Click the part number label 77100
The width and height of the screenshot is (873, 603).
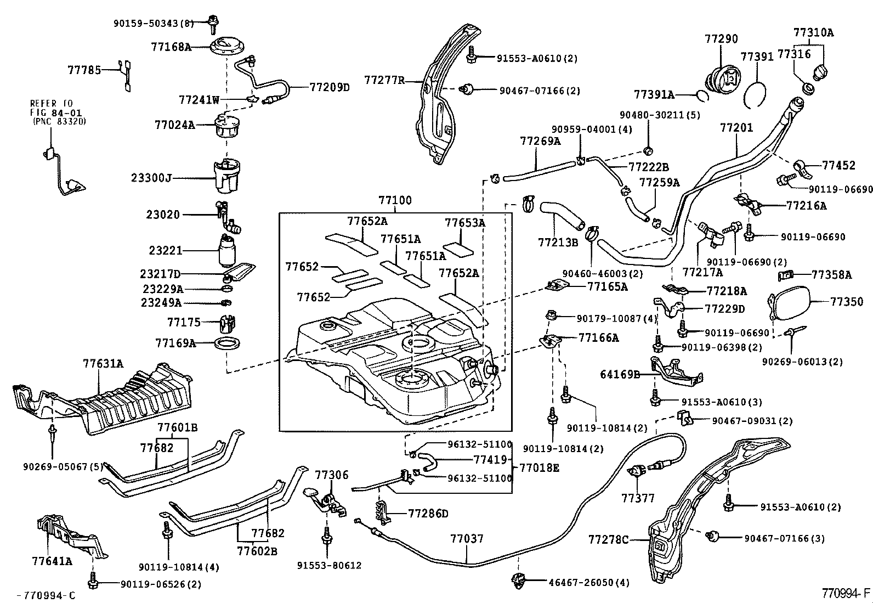394,201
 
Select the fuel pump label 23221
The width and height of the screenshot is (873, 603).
165,250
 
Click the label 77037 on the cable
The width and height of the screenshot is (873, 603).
467,539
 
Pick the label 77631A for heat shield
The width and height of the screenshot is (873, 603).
103,363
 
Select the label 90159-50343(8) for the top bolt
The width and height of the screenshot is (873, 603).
154,24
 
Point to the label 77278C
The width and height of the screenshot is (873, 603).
608,540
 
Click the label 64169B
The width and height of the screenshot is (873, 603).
620,375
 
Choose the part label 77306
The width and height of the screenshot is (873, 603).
332,475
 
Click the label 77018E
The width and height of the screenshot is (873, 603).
540,468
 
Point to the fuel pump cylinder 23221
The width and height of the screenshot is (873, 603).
226,251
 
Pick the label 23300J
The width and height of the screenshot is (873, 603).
151,178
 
